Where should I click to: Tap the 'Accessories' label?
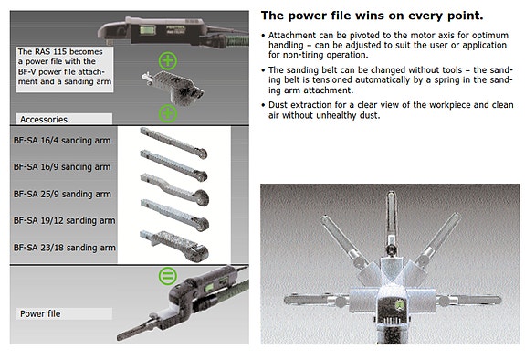45,118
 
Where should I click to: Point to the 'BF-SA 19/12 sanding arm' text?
65,220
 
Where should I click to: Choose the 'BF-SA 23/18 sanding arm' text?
65,247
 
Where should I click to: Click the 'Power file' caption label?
42,313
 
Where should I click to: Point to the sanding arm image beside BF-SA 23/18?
177,243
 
